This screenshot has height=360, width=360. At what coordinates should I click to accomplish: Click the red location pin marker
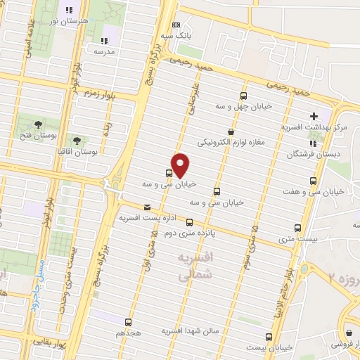(181, 165)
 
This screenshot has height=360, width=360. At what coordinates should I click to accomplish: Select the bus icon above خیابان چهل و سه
(244, 96)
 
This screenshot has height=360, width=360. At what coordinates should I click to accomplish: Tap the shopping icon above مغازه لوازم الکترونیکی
(230, 131)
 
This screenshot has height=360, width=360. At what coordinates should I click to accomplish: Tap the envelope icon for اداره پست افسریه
(147, 207)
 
